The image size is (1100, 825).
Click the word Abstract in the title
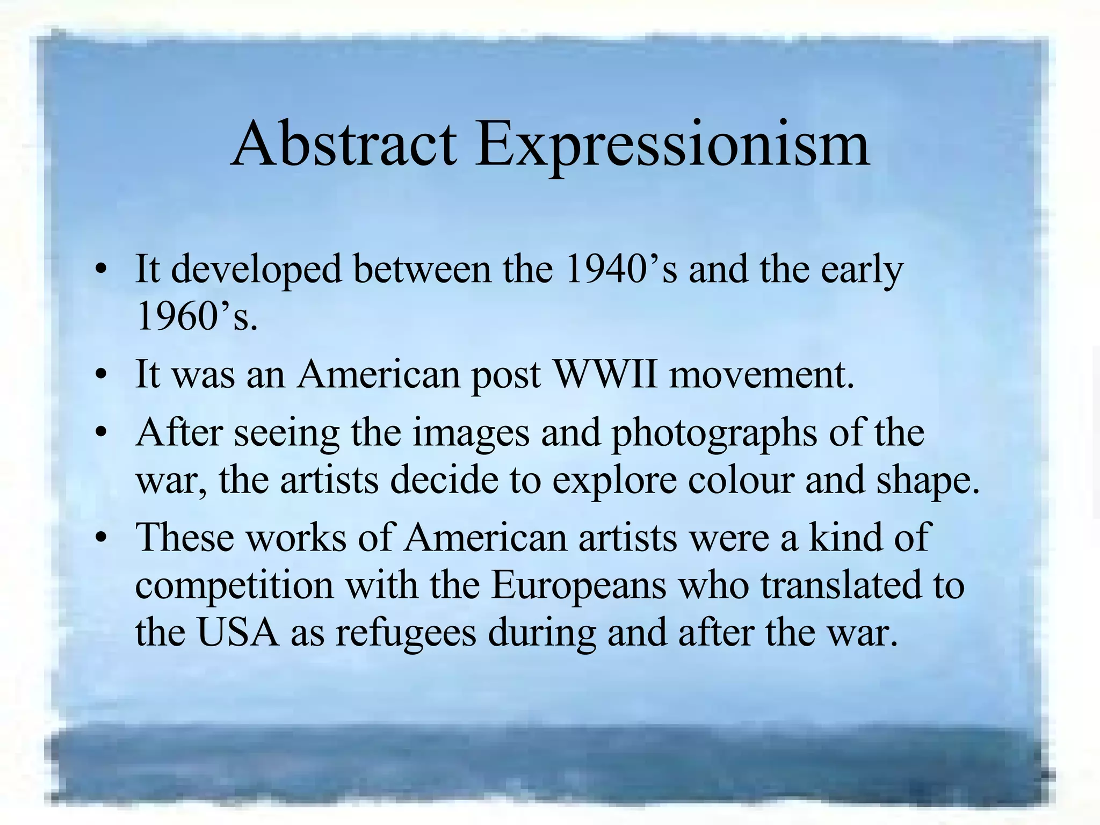344,144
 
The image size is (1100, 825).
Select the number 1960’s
196,316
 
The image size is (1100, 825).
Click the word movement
761,374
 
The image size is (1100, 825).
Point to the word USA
238,632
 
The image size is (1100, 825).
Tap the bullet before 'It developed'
100,270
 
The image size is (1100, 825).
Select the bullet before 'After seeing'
100,433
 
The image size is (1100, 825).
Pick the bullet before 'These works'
100,538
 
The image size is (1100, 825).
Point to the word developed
256,270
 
